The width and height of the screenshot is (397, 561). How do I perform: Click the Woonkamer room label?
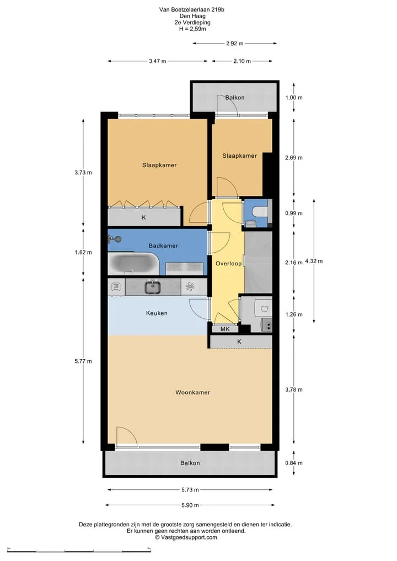point(192,393)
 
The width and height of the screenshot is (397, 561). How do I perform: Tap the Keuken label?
point(157,313)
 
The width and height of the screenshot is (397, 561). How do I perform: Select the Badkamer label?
point(163,246)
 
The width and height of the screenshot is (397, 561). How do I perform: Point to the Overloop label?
point(228,264)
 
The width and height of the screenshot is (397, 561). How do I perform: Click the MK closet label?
point(225,329)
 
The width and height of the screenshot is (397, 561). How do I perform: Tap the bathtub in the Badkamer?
point(134,264)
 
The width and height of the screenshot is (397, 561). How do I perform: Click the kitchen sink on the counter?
point(153,287)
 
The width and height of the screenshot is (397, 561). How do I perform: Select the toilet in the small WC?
point(260,212)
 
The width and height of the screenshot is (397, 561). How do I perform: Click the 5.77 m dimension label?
point(83,361)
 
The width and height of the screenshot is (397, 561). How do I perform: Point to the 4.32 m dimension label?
point(314,261)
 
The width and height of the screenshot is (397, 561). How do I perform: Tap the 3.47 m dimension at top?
point(158,61)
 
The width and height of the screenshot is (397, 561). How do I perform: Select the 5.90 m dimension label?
point(190,505)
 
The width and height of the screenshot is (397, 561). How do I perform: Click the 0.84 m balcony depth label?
point(294,463)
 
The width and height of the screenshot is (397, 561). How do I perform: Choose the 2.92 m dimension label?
point(235,43)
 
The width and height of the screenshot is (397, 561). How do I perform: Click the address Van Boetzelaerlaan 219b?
point(192,10)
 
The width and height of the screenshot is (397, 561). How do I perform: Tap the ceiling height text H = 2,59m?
point(192,29)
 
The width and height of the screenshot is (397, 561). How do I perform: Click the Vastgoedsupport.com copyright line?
point(186,537)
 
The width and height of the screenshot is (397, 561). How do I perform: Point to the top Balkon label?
point(235,97)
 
